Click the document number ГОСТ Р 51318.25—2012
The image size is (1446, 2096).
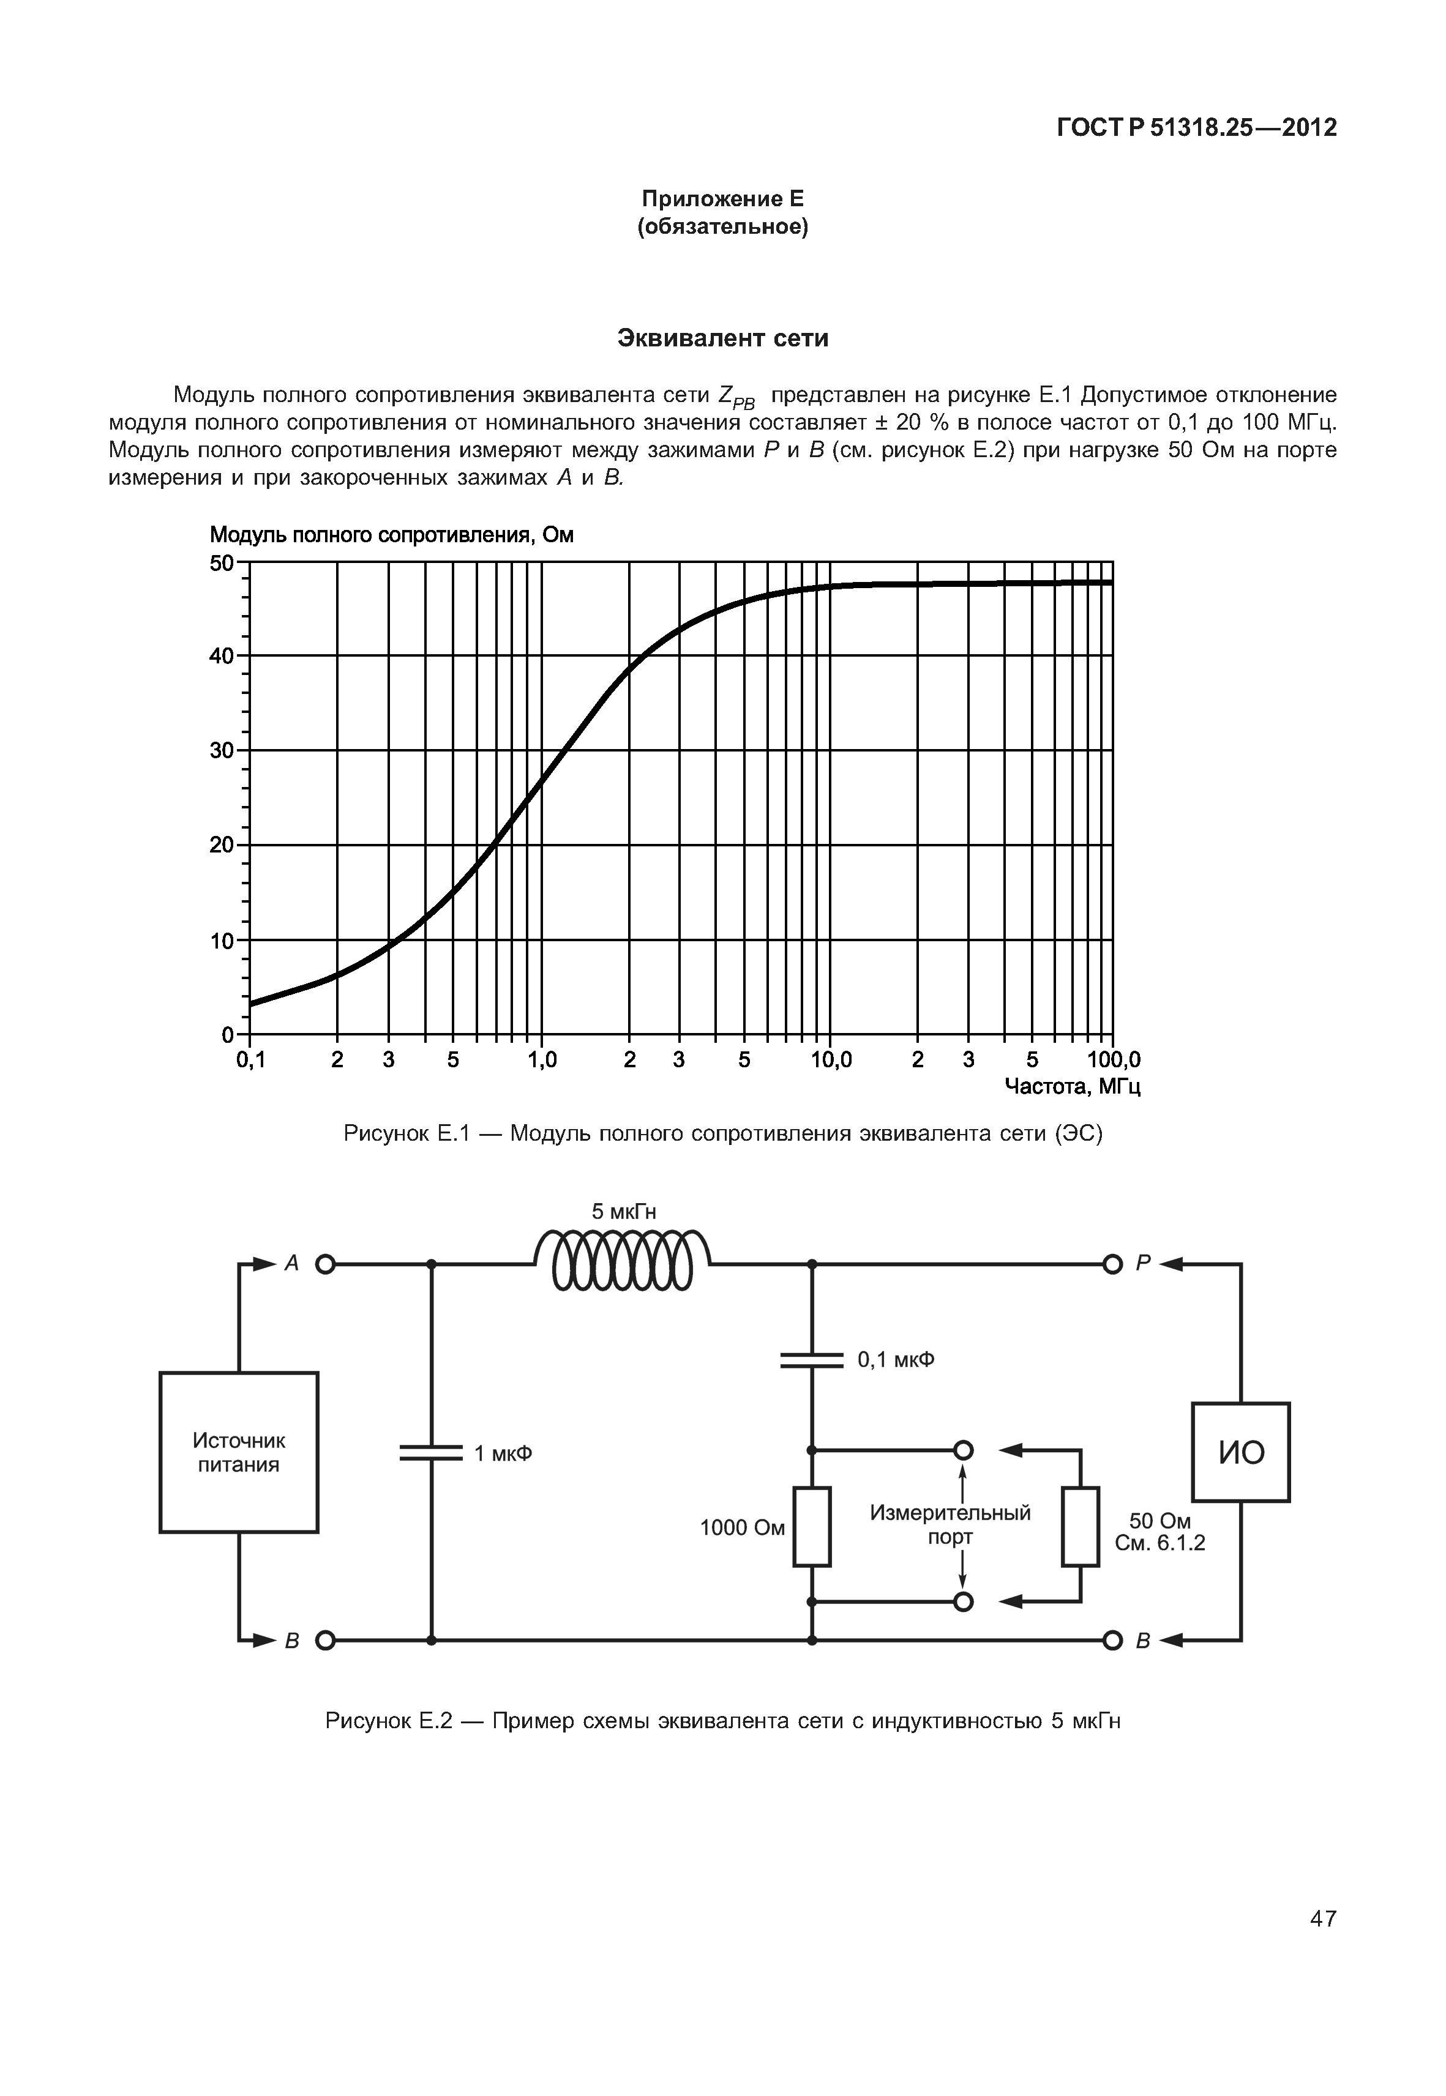coord(1196,128)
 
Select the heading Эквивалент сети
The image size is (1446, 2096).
coord(722,338)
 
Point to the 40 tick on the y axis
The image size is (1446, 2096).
coord(222,656)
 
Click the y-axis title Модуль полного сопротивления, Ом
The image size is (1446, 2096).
coord(391,535)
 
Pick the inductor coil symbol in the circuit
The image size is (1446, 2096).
coord(623,1260)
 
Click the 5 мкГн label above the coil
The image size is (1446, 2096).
coord(623,1212)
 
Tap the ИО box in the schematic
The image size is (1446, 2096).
coord(1240,1453)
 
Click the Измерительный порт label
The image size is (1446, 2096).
coord(950,1524)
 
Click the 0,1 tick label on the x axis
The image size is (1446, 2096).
coord(251,1060)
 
